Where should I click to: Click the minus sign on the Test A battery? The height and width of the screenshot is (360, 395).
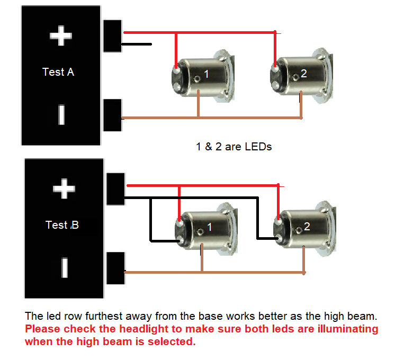tap(61, 114)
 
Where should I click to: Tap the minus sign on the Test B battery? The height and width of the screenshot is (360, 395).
tap(65, 267)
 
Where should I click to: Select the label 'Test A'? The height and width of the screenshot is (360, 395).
tap(58, 72)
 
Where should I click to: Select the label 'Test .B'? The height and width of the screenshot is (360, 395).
tap(62, 225)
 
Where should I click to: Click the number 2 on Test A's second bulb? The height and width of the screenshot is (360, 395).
tap(303, 74)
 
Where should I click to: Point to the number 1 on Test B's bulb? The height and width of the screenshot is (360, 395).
tap(209, 227)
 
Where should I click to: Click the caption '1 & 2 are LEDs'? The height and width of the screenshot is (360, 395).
tap(234, 147)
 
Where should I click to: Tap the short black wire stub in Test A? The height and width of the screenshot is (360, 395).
tap(137, 44)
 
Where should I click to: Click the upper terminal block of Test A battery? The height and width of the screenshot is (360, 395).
tap(112, 35)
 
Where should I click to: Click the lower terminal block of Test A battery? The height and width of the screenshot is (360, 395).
tap(112, 114)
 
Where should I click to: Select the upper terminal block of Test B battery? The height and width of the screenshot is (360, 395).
tap(115, 189)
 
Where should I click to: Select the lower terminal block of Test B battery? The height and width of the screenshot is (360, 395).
tap(115, 269)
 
